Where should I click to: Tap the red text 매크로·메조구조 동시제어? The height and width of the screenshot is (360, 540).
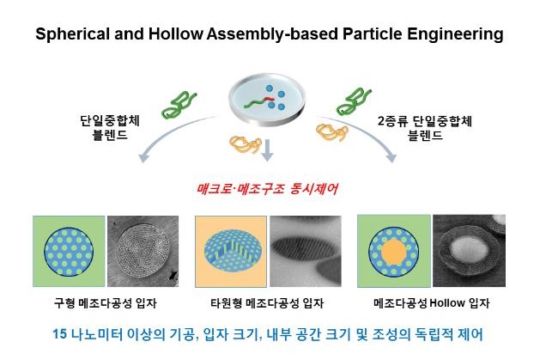(269, 186)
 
